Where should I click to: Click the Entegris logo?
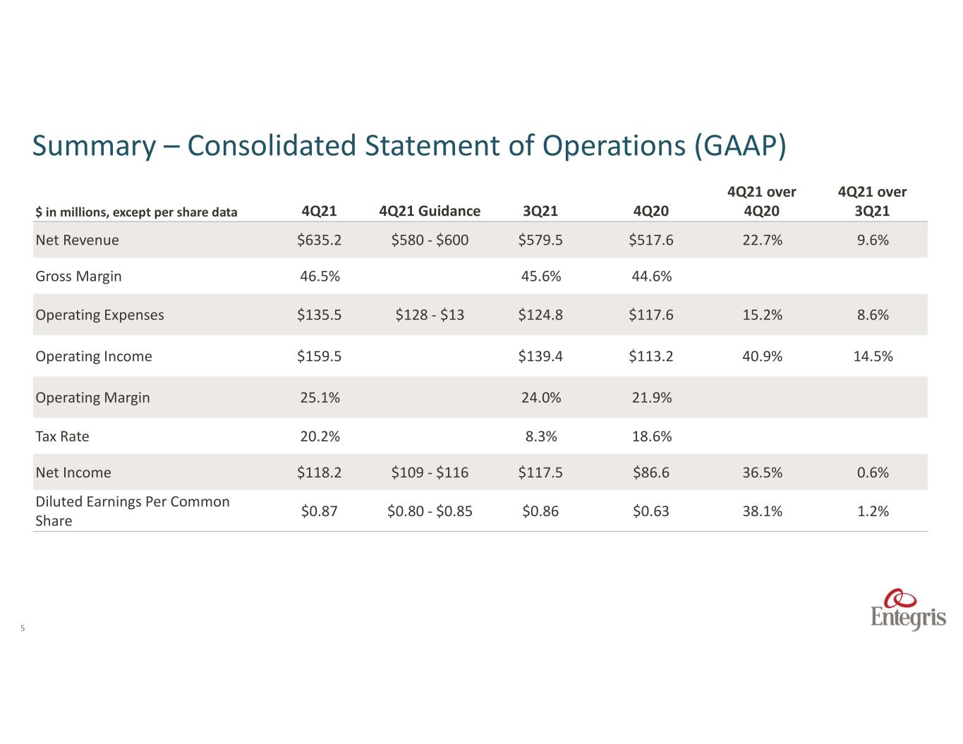[x=907, y=609]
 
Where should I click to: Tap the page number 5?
[x=23, y=628]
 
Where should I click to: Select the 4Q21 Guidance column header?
[x=430, y=211]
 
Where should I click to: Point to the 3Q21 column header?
[x=540, y=211]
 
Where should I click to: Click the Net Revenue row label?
[x=77, y=240]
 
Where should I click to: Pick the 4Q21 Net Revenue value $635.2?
[x=319, y=240]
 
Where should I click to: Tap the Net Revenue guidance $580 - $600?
[x=430, y=240]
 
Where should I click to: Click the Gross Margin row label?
[x=78, y=276]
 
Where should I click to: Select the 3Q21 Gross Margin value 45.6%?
[x=540, y=276]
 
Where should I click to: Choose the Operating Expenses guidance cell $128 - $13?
[x=430, y=315]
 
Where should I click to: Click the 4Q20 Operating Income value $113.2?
[x=650, y=356]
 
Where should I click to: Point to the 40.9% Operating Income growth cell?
[x=762, y=356]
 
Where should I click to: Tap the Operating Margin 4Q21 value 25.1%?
[x=320, y=398]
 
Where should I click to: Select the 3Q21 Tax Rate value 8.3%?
[x=540, y=437]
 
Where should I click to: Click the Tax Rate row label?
[x=62, y=437]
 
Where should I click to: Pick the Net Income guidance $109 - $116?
[x=430, y=472]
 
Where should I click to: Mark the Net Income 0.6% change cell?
[x=873, y=472]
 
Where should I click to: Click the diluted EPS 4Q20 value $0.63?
[x=650, y=511]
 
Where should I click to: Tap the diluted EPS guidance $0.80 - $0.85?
[x=430, y=511]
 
